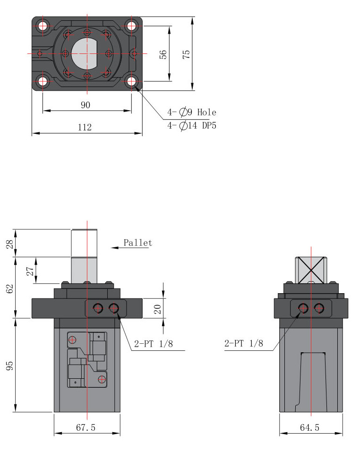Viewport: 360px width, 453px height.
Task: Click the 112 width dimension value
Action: coord(85,127)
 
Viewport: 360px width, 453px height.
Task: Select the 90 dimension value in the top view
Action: coord(86,105)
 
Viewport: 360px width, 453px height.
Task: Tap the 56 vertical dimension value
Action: coord(163,54)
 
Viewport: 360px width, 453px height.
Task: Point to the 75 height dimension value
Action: coord(187,53)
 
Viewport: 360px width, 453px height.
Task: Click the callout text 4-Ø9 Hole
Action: coord(191,113)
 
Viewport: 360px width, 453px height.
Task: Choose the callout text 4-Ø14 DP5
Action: coord(191,126)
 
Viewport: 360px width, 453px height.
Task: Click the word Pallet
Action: coord(138,243)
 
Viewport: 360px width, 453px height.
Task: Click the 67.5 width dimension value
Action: coord(86,427)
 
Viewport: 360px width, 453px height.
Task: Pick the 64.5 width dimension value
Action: coord(310,427)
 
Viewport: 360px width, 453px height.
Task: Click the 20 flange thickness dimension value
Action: coord(158,309)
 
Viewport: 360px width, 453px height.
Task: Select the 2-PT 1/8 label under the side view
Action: coord(243,344)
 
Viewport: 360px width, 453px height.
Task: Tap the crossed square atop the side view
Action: coord(311,270)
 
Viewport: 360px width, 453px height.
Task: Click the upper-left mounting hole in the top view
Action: coord(43,26)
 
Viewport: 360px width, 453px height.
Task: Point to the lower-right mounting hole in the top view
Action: coord(131,81)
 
